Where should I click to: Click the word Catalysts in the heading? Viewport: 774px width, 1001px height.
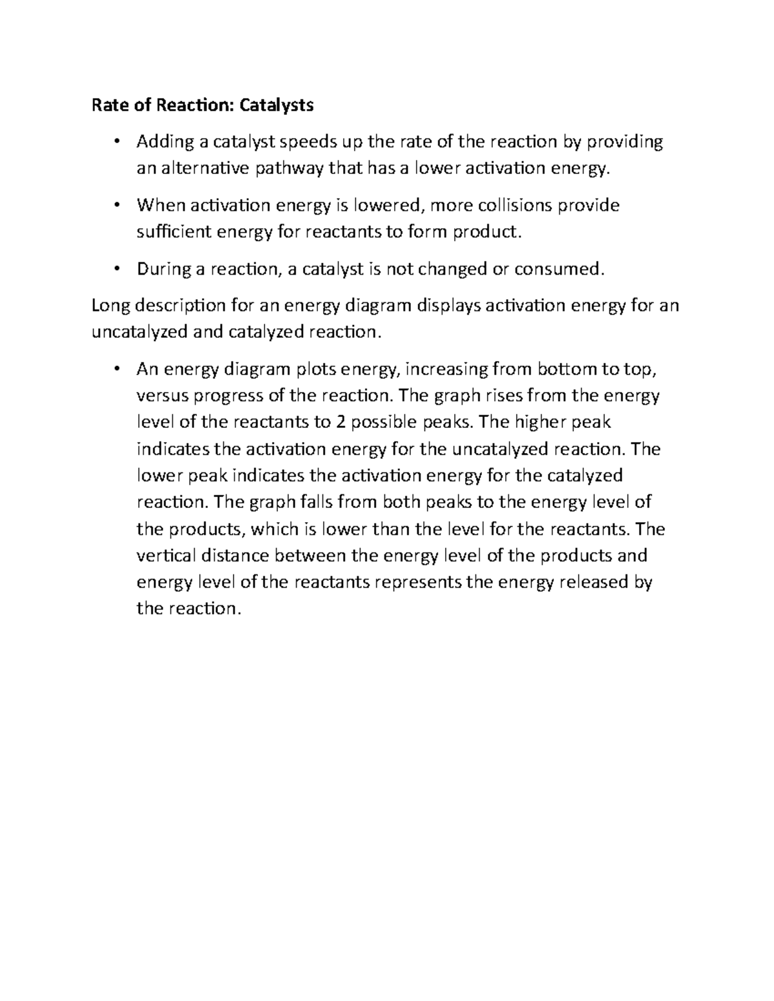click(x=277, y=105)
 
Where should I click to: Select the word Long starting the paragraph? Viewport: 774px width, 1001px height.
click(x=111, y=306)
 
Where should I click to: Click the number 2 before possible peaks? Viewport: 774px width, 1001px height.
click(x=341, y=422)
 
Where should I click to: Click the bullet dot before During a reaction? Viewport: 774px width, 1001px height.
click(x=116, y=269)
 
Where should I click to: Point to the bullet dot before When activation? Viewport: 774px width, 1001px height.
click(x=116, y=206)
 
